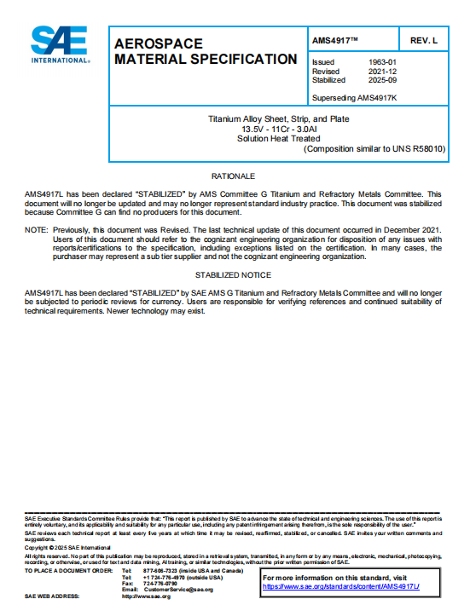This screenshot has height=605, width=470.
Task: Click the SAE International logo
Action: tap(61, 44)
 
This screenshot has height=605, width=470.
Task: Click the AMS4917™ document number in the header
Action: tap(335, 41)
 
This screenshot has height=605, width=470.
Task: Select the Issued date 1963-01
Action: tap(380, 62)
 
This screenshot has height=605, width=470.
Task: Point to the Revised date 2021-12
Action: tap(380, 72)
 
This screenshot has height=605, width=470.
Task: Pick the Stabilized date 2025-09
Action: tap(380, 80)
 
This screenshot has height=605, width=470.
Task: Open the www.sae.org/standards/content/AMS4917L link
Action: tap(340, 588)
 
